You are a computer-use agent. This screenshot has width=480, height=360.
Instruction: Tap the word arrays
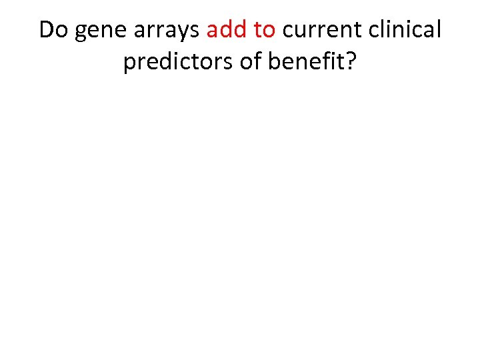click(167, 31)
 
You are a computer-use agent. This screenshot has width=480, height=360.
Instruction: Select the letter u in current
click(298, 31)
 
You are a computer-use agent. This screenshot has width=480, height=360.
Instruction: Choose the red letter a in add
click(212, 31)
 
